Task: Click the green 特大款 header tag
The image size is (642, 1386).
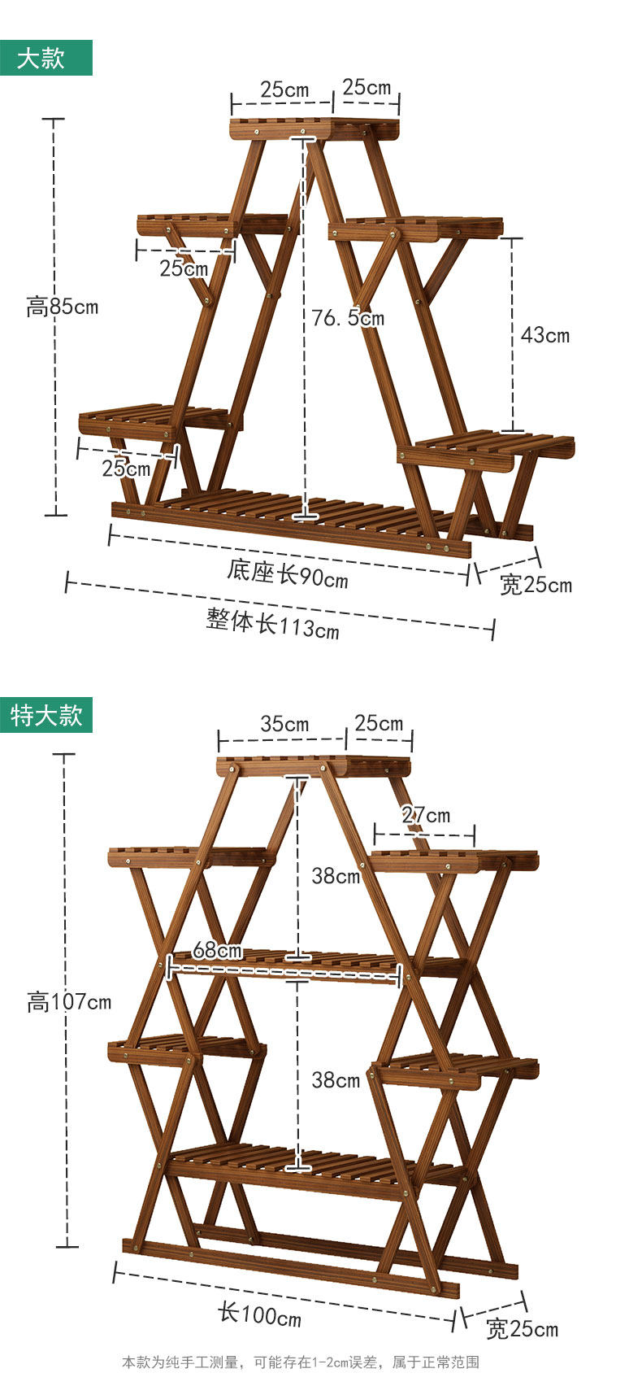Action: click(46, 715)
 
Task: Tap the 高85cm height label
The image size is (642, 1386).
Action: click(62, 307)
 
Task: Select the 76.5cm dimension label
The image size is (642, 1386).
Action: click(348, 317)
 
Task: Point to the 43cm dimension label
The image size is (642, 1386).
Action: click(545, 334)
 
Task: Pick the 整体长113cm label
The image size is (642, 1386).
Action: click(272, 624)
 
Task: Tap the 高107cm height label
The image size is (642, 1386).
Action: click(69, 1001)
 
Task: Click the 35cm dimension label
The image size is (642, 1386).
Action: click(284, 723)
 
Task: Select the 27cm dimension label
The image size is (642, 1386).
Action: click(426, 814)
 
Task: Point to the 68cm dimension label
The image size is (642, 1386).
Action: click(217, 949)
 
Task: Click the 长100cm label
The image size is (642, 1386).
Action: click(259, 1314)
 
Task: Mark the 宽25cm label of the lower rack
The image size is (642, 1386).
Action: click(522, 1329)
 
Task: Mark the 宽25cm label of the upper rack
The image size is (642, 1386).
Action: click(536, 584)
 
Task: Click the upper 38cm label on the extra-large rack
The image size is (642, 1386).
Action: click(336, 876)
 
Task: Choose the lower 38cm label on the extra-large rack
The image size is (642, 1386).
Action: click(336, 1079)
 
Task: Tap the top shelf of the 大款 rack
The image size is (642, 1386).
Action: click(315, 128)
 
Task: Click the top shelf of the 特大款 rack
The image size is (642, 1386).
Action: click(314, 765)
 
